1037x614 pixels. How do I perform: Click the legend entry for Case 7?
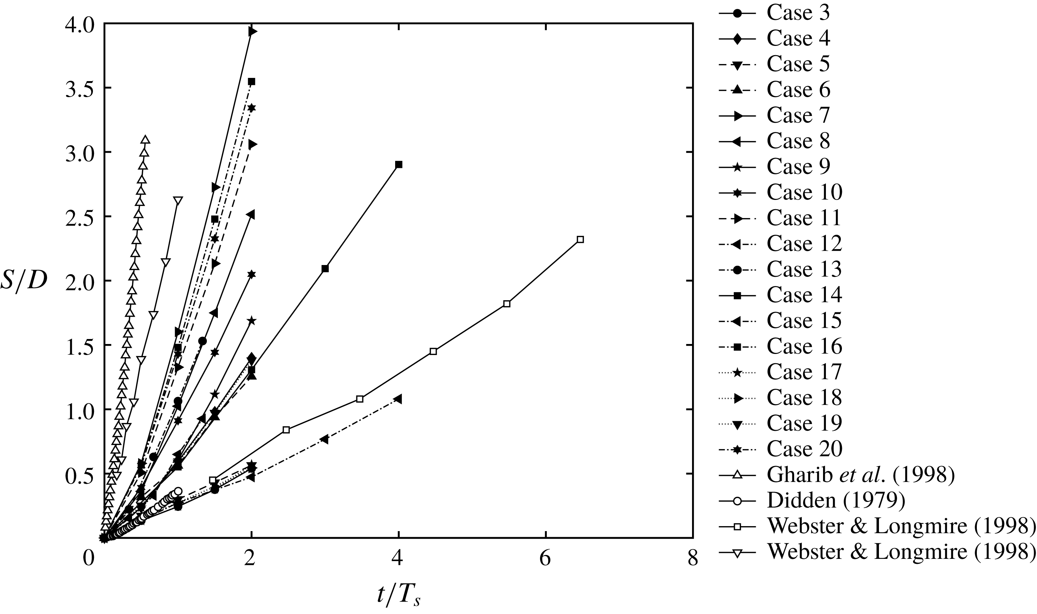pos(798,115)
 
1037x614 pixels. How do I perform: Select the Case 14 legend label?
pos(804,295)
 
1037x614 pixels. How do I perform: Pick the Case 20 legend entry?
pos(804,449)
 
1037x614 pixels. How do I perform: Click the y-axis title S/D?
pos(23,281)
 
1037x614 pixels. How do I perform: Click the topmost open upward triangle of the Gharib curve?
pos(145,139)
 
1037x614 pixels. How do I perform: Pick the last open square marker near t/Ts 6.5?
pos(580,239)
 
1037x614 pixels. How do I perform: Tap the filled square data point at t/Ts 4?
pos(399,165)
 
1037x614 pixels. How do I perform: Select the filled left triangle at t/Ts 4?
pos(398,399)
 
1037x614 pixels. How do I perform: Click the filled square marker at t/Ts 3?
pos(325,269)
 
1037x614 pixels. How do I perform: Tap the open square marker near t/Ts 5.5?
pos(507,304)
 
